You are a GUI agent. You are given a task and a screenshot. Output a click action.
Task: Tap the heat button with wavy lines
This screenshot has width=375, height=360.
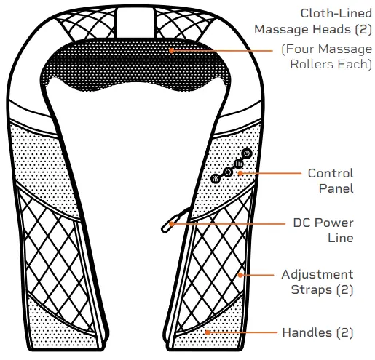click(x=216, y=177)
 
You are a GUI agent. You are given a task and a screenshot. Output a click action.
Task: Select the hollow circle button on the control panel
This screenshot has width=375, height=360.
click(x=228, y=172)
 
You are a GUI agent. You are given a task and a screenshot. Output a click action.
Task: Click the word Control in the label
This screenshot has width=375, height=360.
click(x=331, y=174)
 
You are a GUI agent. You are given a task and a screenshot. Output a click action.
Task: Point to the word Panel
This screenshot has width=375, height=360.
click(x=337, y=189)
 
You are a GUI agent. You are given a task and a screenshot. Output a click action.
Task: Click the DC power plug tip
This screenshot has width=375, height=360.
click(x=165, y=228)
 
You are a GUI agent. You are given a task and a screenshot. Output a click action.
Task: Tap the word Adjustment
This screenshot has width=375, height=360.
click(x=317, y=274)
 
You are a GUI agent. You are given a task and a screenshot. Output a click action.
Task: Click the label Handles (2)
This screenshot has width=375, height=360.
click(x=317, y=332)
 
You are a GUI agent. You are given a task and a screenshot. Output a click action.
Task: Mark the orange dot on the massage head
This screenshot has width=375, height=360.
click(x=171, y=50)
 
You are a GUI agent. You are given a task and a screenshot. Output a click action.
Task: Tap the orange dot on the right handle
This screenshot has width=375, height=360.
click(x=208, y=332)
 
